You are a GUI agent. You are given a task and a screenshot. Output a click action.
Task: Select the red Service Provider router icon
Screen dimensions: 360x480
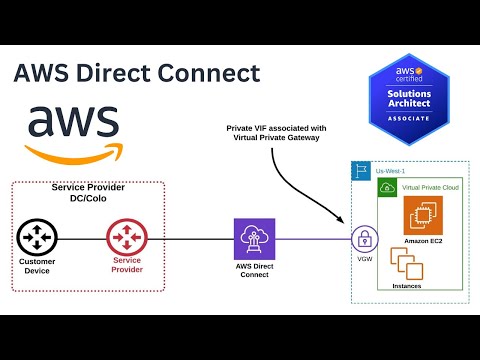(127, 239)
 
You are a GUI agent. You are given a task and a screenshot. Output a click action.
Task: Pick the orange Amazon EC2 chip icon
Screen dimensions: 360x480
(422, 216)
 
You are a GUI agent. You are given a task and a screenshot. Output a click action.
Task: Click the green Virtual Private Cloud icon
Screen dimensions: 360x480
(386, 188)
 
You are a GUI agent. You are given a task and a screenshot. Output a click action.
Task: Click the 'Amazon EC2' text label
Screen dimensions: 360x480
(422, 242)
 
